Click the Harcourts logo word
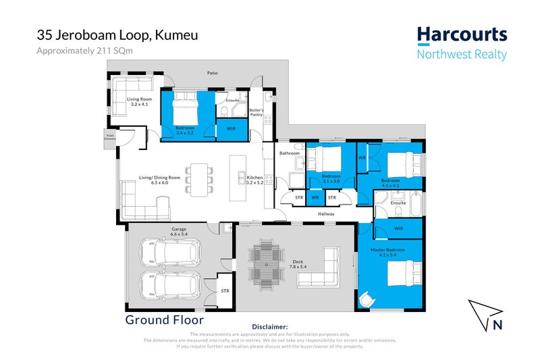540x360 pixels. pos(461,35)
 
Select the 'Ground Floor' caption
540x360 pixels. pos(164,319)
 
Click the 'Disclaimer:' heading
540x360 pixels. pos(269,326)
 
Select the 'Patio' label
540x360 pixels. pos(213,73)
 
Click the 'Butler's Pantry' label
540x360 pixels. pos(256,112)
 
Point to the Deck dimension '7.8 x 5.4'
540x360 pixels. pos(297,267)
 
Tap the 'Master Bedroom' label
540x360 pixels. pos(387,250)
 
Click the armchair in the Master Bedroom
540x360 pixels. pos(367,297)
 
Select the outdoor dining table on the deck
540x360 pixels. pos(264,265)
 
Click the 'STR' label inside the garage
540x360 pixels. pos(225,290)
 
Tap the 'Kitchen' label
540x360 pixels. pos(254,178)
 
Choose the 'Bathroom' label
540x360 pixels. pos(290,153)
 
